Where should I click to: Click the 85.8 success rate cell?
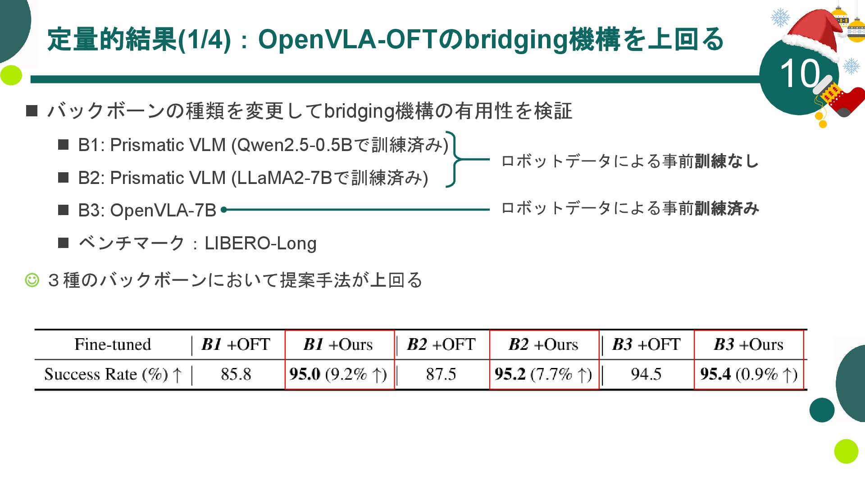click(236, 374)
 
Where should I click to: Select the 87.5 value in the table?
click(441, 374)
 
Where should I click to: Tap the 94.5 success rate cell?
click(646, 374)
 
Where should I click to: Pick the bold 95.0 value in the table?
click(305, 374)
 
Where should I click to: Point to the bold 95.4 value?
click(715, 374)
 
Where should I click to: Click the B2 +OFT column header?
click(441, 345)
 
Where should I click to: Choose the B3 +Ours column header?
click(748, 345)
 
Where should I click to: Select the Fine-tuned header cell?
click(113, 345)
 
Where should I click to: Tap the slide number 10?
click(799, 74)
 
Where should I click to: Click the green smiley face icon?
click(32, 280)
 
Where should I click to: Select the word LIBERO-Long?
click(260, 243)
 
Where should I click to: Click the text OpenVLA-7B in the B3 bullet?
click(163, 210)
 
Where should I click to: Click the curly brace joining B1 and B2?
click(455, 159)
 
